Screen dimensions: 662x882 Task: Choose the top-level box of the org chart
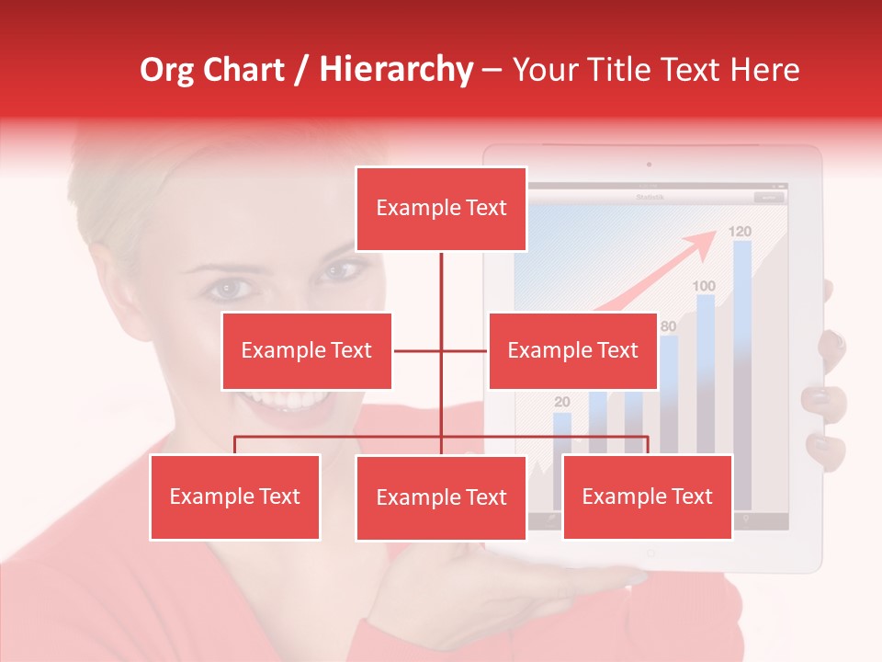441,209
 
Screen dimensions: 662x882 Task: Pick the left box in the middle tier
306,351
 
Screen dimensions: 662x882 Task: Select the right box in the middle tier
572,351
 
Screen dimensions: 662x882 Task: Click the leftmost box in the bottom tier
234,496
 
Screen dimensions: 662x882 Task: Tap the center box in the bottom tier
441,498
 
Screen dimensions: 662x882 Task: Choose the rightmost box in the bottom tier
647,496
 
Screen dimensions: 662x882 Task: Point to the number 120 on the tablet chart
740,231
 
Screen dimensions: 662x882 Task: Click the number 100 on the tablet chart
704,286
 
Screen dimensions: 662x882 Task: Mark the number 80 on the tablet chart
669,325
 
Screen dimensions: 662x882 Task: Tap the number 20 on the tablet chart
562,402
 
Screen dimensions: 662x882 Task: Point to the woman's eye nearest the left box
226,290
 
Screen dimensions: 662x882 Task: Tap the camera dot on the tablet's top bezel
649,165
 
